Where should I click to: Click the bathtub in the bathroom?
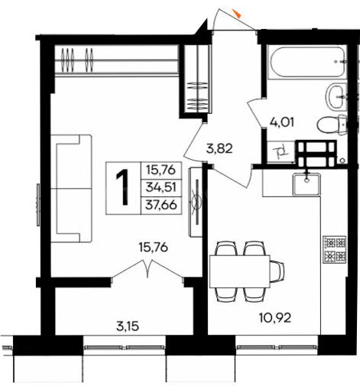click(x=307, y=61)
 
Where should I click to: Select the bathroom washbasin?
click(x=336, y=97)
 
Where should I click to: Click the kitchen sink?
click(x=306, y=184)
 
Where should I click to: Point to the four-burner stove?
click(x=335, y=249)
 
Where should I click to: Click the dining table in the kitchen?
click(x=240, y=271)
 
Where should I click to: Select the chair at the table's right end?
click(x=277, y=271)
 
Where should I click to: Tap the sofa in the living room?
click(x=71, y=189)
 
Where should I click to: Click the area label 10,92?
click(x=275, y=318)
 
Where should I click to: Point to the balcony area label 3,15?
click(x=128, y=326)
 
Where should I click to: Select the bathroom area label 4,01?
click(x=282, y=122)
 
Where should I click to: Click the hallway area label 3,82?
click(x=219, y=149)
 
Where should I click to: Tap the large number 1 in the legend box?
click(x=123, y=187)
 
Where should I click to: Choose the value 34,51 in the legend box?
click(x=161, y=187)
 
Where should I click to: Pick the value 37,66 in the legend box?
click(x=161, y=205)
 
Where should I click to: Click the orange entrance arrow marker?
click(x=238, y=14)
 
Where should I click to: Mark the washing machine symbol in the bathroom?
click(x=281, y=151)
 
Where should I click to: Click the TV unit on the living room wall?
click(x=196, y=202)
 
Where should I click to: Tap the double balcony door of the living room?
click(x=148, y=270)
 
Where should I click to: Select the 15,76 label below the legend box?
click(x=154, y=247)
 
